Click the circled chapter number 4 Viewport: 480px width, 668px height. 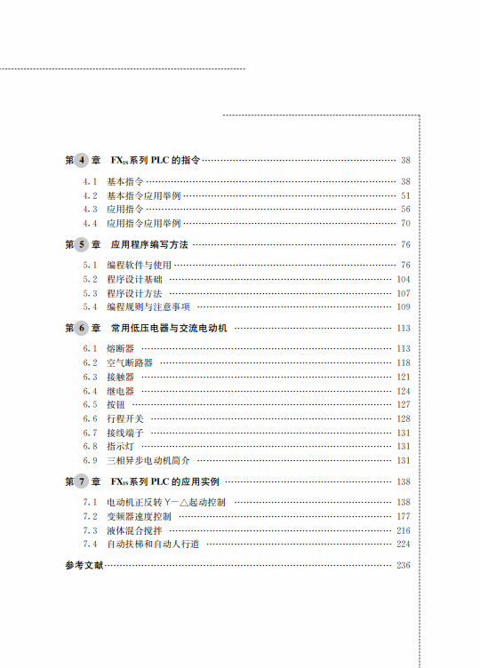(82, 161)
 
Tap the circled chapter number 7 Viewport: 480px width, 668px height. (82, 482)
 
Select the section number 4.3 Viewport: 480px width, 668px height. (90, 209)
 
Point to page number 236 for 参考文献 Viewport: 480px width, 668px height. (403, 566)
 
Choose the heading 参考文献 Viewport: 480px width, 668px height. (84, 566)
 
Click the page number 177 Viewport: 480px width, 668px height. (403, 516)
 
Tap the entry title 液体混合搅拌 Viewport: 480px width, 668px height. (134, 530)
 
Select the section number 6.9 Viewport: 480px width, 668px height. (90, 461)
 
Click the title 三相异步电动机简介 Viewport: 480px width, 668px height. (148, 461)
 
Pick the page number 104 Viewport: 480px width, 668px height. (403, 279)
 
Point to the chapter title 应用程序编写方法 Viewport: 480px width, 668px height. (148, 244)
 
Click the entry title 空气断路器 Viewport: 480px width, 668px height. (130, 363)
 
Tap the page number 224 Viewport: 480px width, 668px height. (403, 544)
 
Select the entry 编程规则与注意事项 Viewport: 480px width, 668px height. (148, 306)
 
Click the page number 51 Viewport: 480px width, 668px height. (405, 195)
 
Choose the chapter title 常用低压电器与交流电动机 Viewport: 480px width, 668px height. (169, 328)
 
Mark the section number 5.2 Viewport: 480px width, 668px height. (90, 279)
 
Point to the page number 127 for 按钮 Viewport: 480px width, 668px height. (403, 405)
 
